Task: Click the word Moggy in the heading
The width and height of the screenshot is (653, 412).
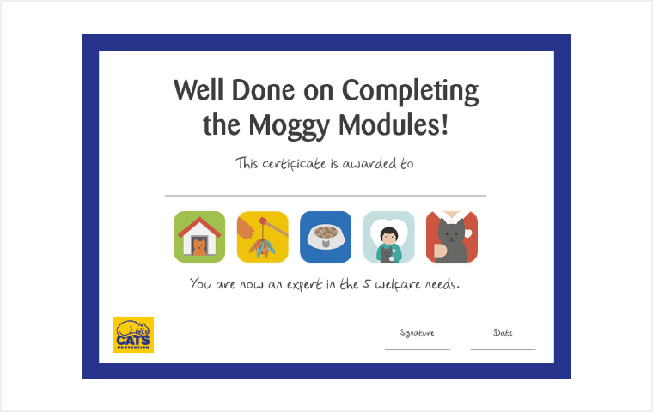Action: point(290,125)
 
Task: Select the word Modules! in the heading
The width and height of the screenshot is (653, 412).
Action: point(394,124)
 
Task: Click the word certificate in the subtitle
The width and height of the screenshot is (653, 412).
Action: point(294,164)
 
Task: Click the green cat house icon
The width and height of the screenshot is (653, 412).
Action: point(199,237)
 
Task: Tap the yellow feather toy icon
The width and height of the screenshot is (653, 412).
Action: point(262,237)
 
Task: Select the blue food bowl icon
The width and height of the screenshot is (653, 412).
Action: point(326,237)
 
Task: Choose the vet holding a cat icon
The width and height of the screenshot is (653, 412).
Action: point(388,237)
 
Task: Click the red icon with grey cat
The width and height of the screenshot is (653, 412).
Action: point(452,237)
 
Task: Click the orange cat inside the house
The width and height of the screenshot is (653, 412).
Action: point(199,247)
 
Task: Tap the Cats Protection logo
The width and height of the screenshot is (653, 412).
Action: point(133,335)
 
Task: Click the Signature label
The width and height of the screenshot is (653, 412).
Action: point(418,332)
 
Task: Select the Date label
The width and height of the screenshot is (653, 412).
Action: point(503,332)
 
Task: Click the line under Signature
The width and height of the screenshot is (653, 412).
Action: point(418,349)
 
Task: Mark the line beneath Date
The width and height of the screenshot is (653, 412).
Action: point(503,349)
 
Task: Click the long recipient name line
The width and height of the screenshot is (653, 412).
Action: point(326,195)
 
